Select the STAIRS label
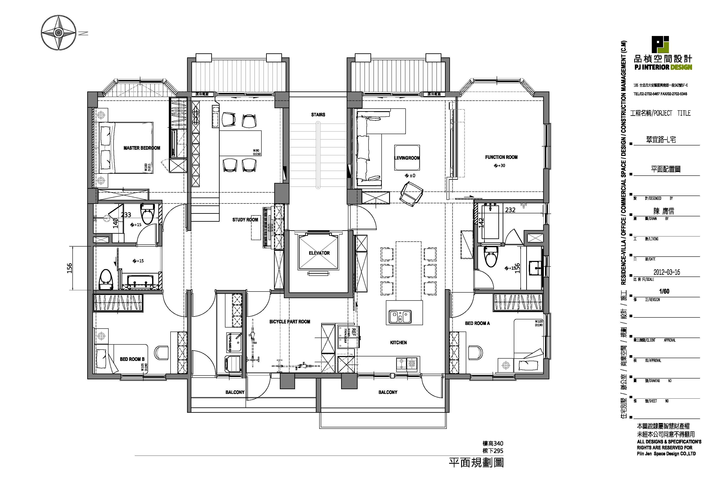(318, 115)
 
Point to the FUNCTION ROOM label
(501, 157)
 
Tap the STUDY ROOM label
(245, 220)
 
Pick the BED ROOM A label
(477, 323)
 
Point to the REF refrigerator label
(354, 332)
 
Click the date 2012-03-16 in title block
(666, 272)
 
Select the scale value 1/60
(664, 291)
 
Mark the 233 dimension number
(126, 215)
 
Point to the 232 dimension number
(510, 210)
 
